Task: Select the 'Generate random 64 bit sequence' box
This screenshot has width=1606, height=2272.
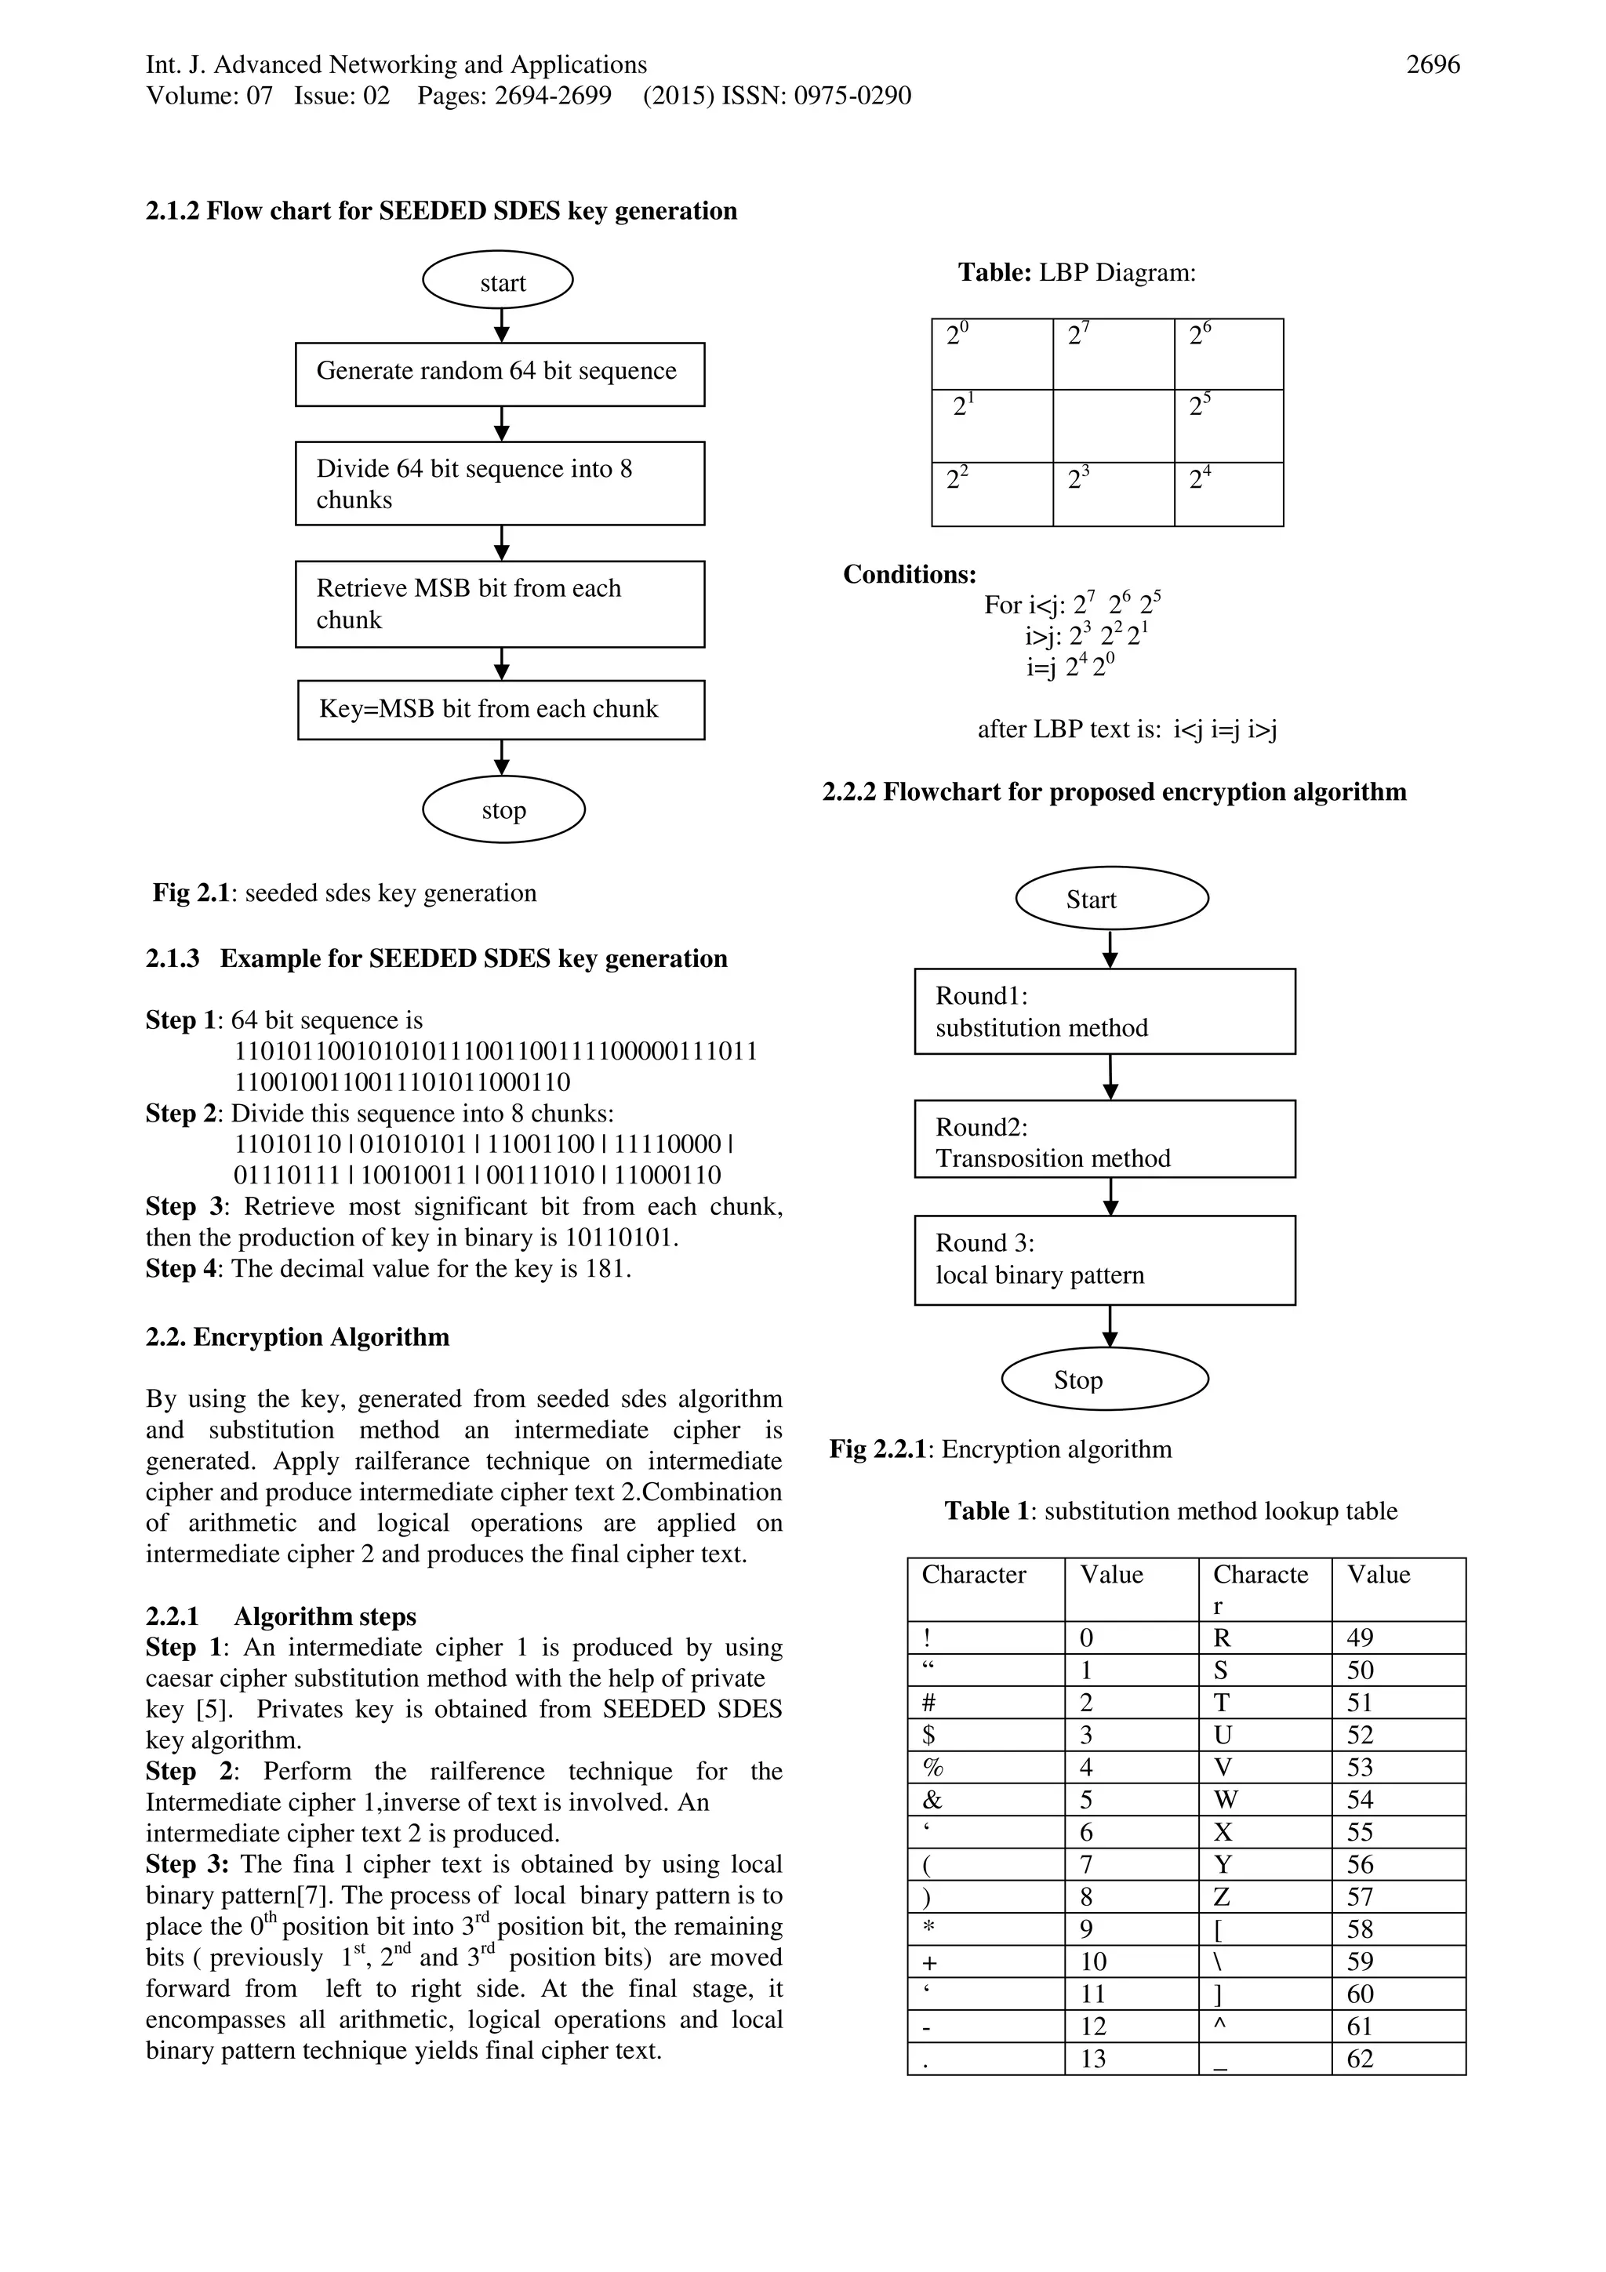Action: pos(500,373)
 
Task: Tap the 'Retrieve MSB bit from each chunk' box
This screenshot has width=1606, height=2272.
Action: pos(500,604)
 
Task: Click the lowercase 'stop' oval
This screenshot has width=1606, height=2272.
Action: pos(503,809)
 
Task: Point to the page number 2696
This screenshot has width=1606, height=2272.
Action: pos(1432,65)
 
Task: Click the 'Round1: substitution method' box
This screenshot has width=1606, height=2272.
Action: pos(1104,1012)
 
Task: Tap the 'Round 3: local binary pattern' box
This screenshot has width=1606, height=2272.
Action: pos(1104,1260)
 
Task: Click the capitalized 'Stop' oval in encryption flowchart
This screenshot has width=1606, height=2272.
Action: pos(1104,1379)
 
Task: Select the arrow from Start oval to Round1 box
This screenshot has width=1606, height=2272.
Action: pos(1110,948)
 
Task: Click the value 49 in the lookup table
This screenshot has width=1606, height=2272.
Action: pos(1360,1638)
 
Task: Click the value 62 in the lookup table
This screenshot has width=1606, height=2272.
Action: pos(1360,2059)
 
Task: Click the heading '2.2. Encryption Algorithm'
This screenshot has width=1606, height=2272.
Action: pos(297,1337)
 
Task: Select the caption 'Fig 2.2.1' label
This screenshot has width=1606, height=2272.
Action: pos(877,1449)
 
